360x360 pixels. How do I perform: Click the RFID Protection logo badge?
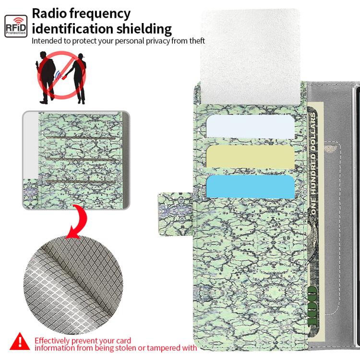(x=16, y=26)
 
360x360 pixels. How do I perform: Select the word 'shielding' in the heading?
(x=144, y=29)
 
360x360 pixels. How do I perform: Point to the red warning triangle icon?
(x=20, y=342)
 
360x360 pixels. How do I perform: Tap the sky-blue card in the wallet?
(x=250, y=186)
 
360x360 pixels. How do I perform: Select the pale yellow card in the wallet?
(x=250, y=157)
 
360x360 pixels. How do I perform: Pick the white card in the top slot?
(x=250, y=126)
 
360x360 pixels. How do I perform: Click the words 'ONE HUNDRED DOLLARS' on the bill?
(x=313, y=164)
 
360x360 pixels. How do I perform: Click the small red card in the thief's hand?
(x=64, y=77)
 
